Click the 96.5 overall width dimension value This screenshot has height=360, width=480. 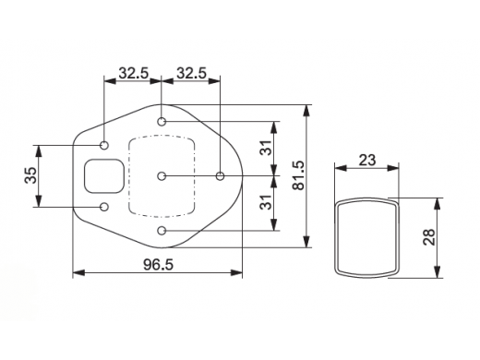pos(159,265)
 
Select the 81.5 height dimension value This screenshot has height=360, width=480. pos(299,175)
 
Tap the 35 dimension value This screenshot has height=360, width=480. pos(30,175)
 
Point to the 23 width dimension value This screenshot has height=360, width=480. pos(367,161)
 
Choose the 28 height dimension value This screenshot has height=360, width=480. pos(429,237)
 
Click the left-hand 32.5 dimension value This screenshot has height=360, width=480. pos(134,74)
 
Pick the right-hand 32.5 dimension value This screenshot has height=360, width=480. pos(191,74)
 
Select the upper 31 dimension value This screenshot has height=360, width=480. pos(266,148)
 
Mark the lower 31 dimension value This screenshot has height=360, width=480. pos(266,202)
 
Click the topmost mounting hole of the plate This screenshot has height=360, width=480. pos(162,122)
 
